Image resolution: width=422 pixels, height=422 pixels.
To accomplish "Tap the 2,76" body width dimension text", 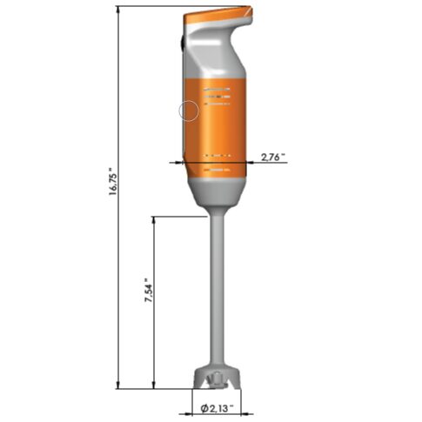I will point(273,157).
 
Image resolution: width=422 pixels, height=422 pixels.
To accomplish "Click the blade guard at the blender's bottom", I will point(216,379).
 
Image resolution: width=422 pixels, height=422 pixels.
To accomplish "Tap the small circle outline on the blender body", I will point(189,111).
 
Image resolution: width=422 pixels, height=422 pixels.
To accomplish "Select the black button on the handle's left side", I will point(182,40).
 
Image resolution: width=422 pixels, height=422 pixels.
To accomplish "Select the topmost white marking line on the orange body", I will point(217,89).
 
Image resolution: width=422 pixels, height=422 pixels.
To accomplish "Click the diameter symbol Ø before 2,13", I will point(203,407).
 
